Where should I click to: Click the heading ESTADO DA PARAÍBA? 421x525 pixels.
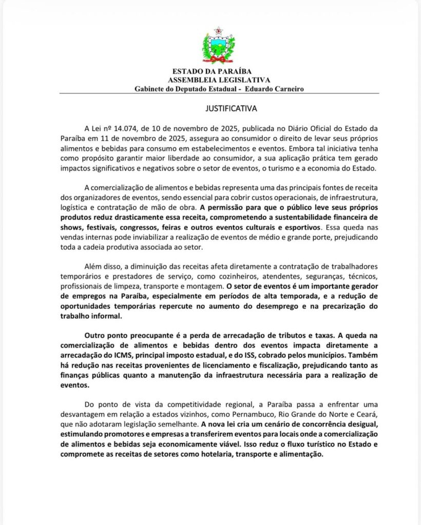pyautogui.click(x=212, y=71)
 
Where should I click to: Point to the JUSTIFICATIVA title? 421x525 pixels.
pyautogui.click(x=227, y=109)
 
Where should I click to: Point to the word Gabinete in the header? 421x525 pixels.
pyautogui.click(x=152, y=89)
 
